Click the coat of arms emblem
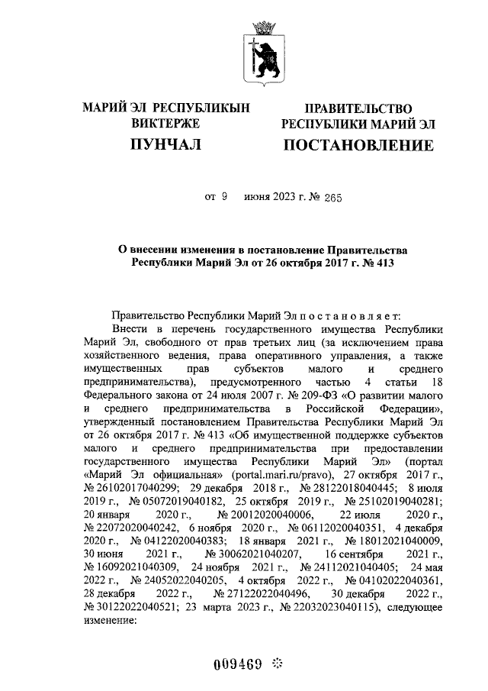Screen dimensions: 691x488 [262, 53]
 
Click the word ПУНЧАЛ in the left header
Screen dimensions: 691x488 [165, 144]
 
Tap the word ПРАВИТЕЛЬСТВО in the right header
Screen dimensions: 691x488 [358, 109]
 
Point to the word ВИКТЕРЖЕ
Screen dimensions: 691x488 [165, 123]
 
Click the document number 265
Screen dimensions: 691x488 [332, 196]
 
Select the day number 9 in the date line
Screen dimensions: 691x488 [225, 196]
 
